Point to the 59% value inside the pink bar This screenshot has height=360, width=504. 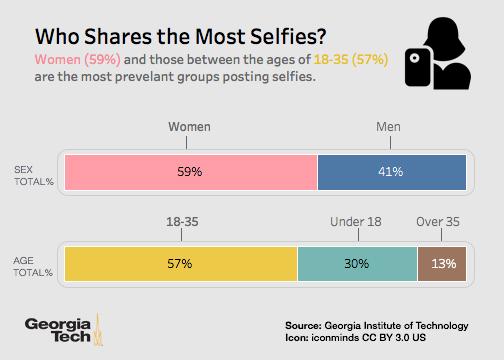click(189, 171)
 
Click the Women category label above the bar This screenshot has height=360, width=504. click(189, 128)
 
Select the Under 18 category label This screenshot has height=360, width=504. click(357, 220)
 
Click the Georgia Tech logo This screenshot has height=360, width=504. click(65, 330)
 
